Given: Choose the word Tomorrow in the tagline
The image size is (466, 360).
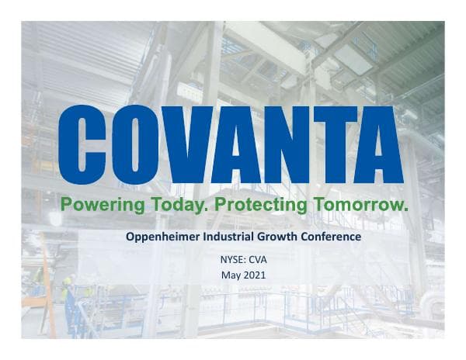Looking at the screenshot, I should [x=358, y=205].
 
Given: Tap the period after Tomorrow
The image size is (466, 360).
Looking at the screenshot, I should [x=405, y=209].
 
